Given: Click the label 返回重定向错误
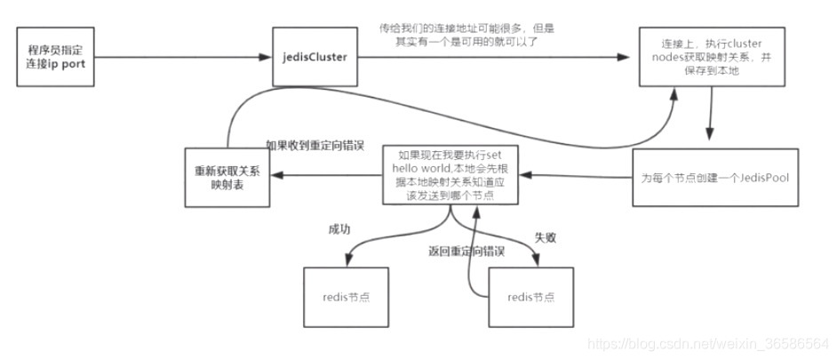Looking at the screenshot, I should click(x=466, y=252).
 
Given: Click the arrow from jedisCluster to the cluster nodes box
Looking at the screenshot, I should click(x=498, y=59).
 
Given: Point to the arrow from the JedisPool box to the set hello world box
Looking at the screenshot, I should click(x=578, y=175).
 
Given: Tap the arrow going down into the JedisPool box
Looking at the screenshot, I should click(x=709, y=116).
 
